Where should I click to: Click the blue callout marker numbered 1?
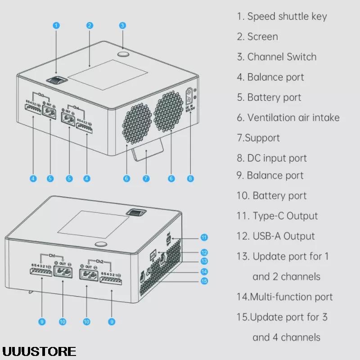point(56,26)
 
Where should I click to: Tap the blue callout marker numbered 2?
point(90,26)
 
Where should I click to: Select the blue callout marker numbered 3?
point(122,26)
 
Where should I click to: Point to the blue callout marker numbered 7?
point(146,179)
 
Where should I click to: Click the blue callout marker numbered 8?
point(190,179)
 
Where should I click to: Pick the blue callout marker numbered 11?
point(204,237)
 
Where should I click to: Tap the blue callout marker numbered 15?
point(204,281)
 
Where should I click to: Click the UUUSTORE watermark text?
point(39,351)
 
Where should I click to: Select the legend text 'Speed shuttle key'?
point(287,17)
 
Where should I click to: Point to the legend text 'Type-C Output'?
point(285,216)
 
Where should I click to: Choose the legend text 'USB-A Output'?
point(283,236)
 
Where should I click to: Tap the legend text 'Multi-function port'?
point(291,297)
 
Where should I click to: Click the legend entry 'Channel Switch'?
point(282,57)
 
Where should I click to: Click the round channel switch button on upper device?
point(123,54)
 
